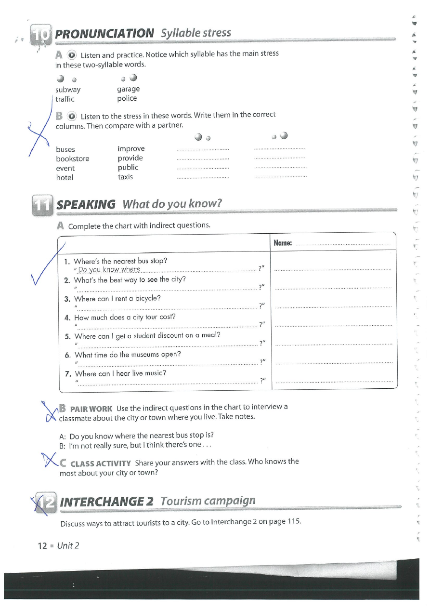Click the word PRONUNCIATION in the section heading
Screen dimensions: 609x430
tap(104, 33)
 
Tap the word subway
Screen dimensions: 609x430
tap(68, 90)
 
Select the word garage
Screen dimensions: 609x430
tap(128, 89)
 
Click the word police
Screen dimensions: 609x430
tap(127, 98)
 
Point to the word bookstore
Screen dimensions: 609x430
tap(72, 159)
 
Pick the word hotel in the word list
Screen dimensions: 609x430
tap(65, 177)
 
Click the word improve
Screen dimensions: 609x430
tap(131, 149)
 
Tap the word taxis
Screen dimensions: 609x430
tap(125, 177)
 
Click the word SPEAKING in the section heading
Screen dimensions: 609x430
tap(86, 204)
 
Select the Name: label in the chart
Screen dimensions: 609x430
tap(283, 243)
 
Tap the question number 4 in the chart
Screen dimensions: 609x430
tap(67, 318)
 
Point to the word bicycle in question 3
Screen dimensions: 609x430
tap(148, 298)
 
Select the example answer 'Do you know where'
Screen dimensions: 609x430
tap(109, 269)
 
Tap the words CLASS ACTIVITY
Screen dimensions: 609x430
tap(101, 463)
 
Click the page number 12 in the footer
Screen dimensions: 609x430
tap(42, 545)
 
